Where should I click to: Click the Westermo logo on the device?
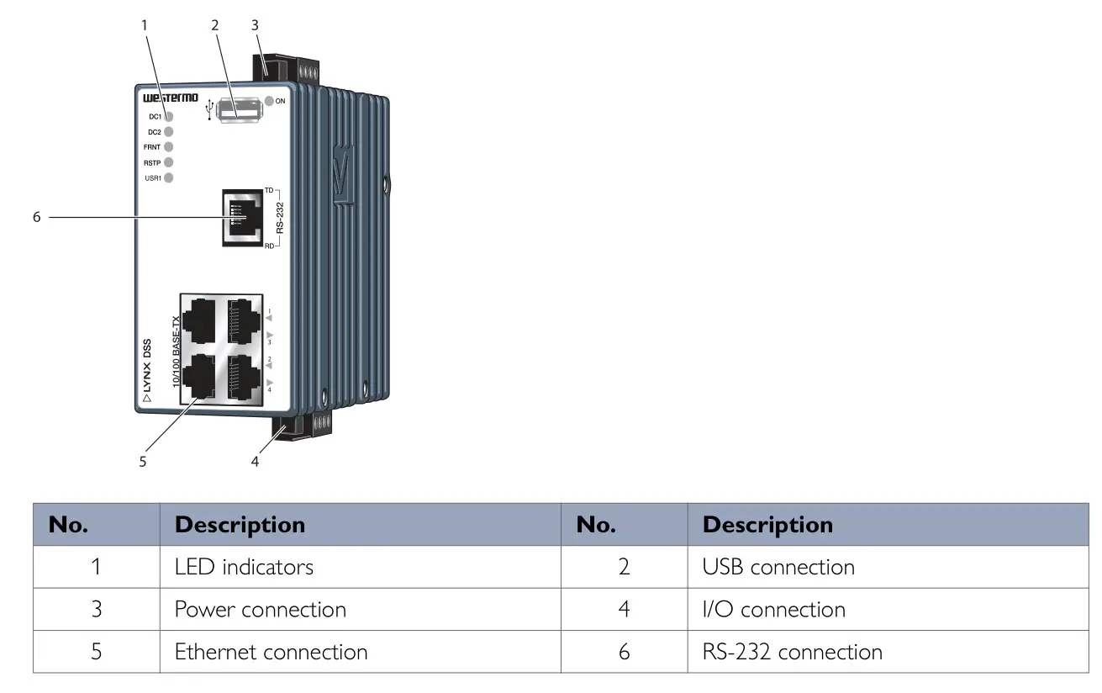(x=165, y=98)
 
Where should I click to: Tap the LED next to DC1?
(x=168, y=117)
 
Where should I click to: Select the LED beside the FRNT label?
(x=168, y=146)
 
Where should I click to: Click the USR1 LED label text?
(x=153, y=177)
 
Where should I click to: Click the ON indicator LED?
(x=269, y=101)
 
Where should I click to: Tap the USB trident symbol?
(x=209, y=110)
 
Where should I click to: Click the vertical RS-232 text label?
(x=281, y=216)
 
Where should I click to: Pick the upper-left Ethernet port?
(x=199, y=320)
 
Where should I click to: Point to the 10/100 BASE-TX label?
(x=176, y=352)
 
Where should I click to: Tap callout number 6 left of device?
(x=36, y=217)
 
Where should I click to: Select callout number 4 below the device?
(x=255, y=461)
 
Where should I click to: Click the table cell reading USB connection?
(x=778, y=567)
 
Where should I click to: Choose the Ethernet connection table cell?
(x=271, y=652)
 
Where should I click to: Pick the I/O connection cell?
(x=773, y=609)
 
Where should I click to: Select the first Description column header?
(x=240, y=524)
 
